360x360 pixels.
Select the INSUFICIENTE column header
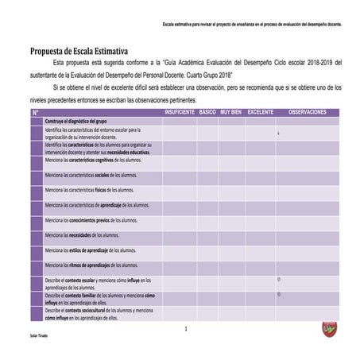[180, 112]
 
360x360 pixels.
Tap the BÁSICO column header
[207, 112]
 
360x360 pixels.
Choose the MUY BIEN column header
[231, 112]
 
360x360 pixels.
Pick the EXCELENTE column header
[260, 112]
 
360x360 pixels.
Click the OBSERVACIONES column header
[307, 112]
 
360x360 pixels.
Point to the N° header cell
[36, 112]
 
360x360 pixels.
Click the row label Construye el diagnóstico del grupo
[76, 120]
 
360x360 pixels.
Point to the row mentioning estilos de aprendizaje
[88, 250]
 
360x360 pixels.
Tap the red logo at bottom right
[329, 328]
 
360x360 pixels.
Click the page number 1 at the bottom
[184, 328]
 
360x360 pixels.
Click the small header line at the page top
[252, 24]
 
